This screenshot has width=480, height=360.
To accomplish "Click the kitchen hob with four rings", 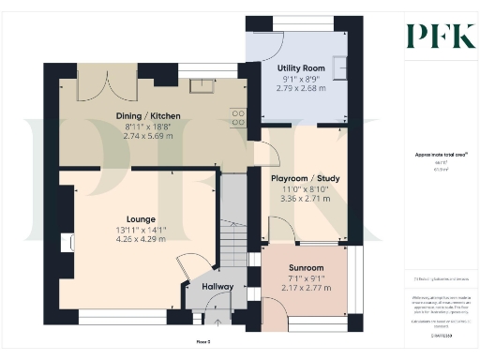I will click(237, 118).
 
